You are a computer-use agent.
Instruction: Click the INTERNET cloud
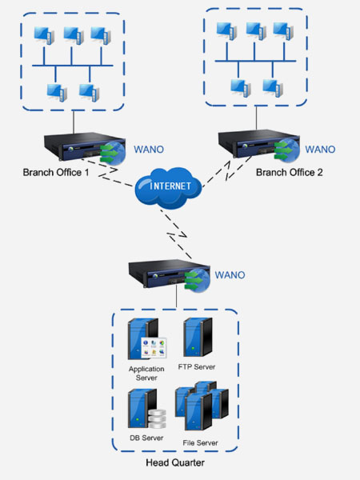[168, 187]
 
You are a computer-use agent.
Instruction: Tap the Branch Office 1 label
[56, 172]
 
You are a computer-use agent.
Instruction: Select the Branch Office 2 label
[290, 172]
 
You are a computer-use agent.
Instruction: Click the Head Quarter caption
[175, 462]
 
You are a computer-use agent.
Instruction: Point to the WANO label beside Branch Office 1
[149, 150]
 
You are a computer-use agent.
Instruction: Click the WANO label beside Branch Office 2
[320, 150]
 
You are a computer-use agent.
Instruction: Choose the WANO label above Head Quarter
[230, 275]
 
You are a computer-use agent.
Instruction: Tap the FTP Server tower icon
[198, 337]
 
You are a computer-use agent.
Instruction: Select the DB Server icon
[147, 409]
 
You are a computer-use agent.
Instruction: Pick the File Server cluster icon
[202, 406]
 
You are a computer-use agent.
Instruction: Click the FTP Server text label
[197, 366]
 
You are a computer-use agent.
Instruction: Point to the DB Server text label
[146, 438]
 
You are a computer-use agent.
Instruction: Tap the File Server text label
[200, 442]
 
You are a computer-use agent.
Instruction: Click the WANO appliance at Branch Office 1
[85, 148]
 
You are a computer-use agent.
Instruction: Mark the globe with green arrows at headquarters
[198, 281]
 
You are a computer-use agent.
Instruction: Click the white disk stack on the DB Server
[157, 419]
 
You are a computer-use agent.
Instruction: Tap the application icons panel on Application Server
[154, 348]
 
